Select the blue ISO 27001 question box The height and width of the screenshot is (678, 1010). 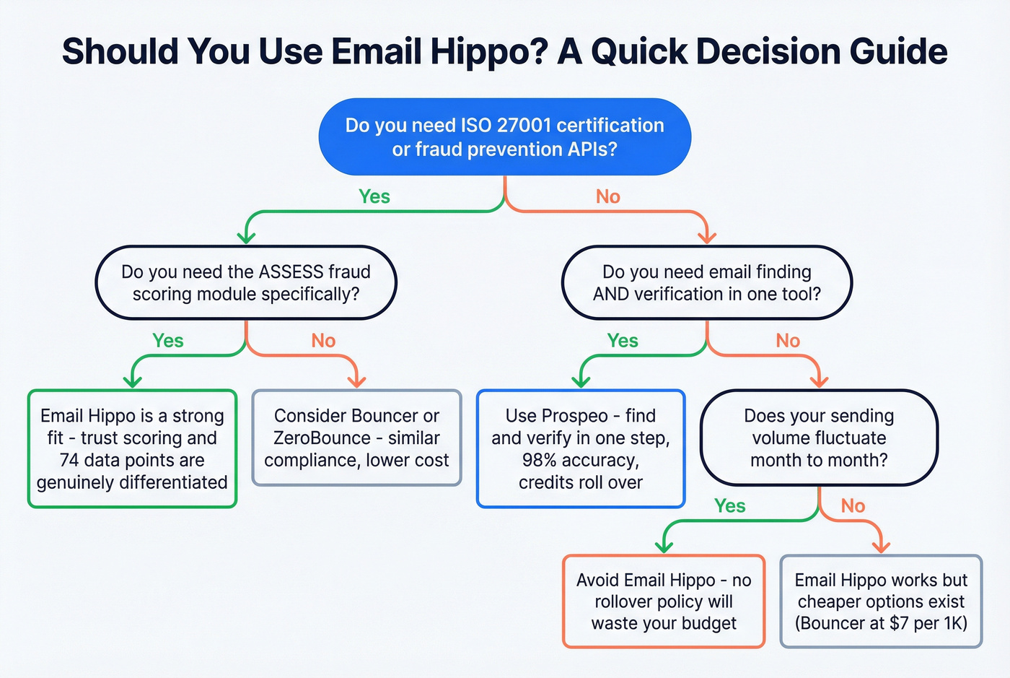pos(504,137)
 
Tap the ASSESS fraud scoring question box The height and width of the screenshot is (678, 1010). pos(246,283)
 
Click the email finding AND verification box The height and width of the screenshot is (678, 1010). pos(706,283)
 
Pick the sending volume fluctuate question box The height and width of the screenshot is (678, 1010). pos(819,438)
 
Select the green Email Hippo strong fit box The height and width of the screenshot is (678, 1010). pos(132,449)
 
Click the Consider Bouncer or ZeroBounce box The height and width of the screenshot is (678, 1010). pos(356,438)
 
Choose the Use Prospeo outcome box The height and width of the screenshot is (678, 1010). pos(581,449)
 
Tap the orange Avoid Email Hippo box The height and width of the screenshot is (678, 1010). pos(664,601)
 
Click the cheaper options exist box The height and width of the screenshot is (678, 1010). pos(881,601)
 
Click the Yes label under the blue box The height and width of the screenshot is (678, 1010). pos(374,196)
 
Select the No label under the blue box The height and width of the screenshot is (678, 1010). pos(608,196)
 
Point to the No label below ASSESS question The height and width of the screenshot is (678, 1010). pos(323,341)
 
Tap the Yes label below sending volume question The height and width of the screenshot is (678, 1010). pos(729,506)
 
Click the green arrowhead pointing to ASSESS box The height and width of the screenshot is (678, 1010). pos(247,236)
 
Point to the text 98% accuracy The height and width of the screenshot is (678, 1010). pos(580,461)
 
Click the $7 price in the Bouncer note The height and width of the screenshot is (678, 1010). pos(899,623)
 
